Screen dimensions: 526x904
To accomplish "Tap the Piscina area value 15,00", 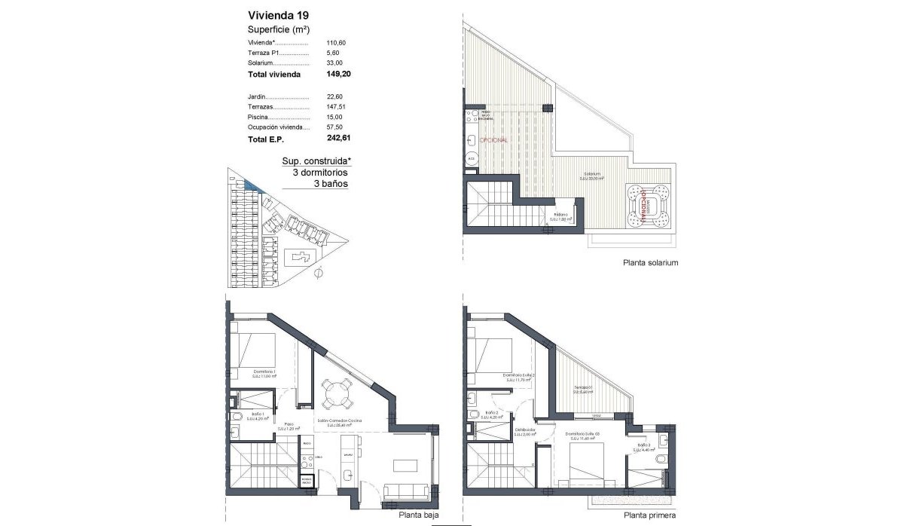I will [334, 117].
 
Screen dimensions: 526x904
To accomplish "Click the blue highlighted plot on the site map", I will [251, 185].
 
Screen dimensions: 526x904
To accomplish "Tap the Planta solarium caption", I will [651, 264].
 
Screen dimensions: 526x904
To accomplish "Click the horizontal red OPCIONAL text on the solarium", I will [493, 140].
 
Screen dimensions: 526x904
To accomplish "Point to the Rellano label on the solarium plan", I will [562, 217].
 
